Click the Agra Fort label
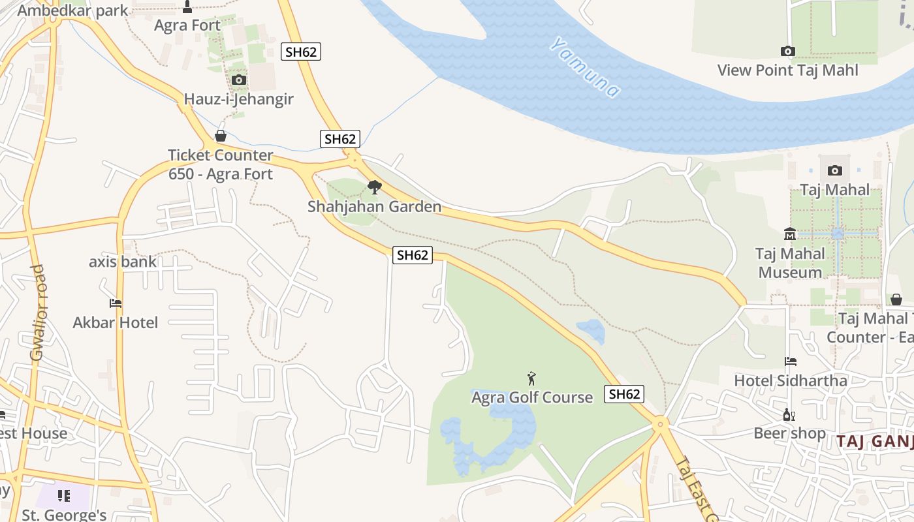[x=187, y=25]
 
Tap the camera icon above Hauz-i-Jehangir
[x=239, y=80]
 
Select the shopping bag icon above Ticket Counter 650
[x=221, y=136]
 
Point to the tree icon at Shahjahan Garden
[x=375, y=187]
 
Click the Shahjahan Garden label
[x=375, y=207]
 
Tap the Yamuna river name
[x=584, y=67]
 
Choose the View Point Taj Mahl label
[x=788, y=70]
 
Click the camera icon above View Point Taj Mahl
[x=788, y=51]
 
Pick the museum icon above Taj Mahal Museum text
[x=790, y=234]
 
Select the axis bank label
[x=123, y=262]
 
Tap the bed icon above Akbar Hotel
[x=116, y=303]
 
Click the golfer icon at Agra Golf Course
[x=532, y=378]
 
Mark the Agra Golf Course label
[x=532, y=397]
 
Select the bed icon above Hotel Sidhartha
[x=791, y=361]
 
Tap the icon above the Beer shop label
[x=789, y=415]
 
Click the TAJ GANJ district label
[x=875, y=441]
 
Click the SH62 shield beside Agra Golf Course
[x=624, y=394]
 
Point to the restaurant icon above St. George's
[x=63, y=496]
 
